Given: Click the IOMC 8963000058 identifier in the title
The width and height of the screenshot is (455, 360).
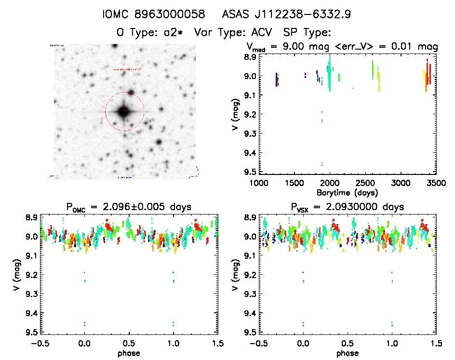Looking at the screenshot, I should [153, 14].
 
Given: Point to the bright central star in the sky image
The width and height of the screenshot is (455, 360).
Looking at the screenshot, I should [124, 111].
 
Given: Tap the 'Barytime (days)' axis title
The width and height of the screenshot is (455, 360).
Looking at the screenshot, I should [347, 192].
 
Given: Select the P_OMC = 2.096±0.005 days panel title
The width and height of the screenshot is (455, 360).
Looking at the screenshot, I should [129, 207].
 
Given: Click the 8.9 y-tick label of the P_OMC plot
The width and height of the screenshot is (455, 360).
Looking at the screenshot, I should [31, 217].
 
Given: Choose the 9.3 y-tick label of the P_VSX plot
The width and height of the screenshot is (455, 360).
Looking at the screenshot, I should [250, 294].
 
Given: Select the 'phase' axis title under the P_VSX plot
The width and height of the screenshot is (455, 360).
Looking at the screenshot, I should [347, 352].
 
